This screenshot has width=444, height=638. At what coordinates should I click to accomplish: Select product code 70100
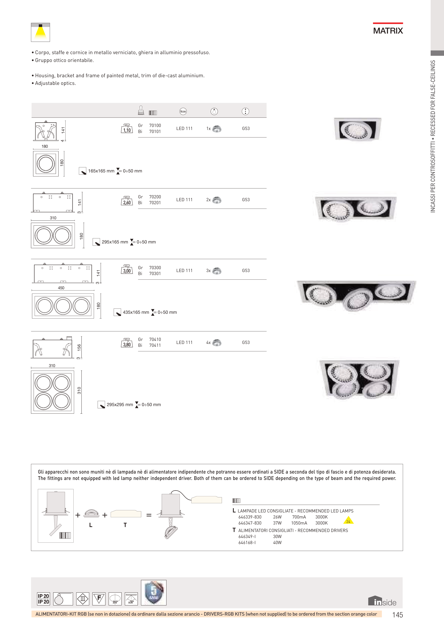155,126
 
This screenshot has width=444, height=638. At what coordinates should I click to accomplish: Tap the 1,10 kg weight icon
127,129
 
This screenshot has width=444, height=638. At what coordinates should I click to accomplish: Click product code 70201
155,203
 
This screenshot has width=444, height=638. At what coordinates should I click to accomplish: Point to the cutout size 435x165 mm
136,312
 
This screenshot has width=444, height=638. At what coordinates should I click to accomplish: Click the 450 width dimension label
61,288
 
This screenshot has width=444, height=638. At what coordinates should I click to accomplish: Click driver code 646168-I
247,542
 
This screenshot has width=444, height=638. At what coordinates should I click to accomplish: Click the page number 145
397,615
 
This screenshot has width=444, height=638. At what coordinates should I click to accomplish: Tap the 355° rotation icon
115,599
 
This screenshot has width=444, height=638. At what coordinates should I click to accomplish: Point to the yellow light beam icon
41,32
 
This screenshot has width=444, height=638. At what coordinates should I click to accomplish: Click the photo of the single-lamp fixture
357,129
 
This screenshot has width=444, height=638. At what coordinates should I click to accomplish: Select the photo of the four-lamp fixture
359,379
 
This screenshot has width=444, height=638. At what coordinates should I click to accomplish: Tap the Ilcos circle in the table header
183,112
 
